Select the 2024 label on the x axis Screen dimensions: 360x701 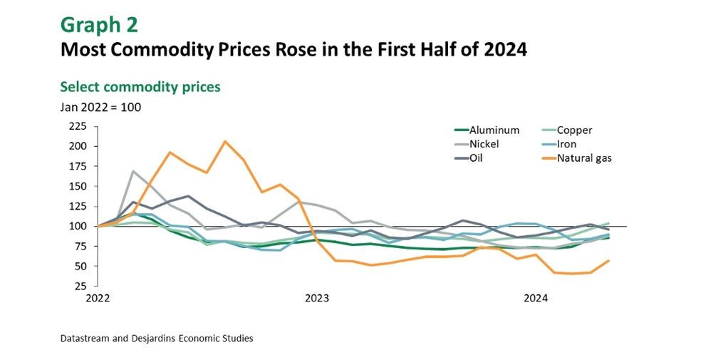[x=535, y=299]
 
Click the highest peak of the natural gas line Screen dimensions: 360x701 [x=225, y=141]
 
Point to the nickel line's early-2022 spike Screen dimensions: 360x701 [x=133, y=171]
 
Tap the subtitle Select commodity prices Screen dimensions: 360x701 [x=140, y=87]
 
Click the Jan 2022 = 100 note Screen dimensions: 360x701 [x=100, y=108]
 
